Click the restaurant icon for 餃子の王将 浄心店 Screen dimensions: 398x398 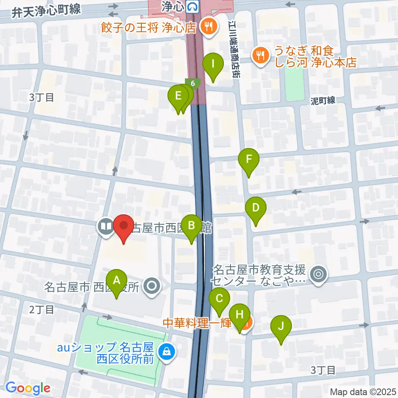point(206,27)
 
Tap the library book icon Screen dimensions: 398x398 point(106,226)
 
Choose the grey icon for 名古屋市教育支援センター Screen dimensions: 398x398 point(319,274)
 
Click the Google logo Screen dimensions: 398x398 point(28,388)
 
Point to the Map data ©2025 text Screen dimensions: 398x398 point(362,391)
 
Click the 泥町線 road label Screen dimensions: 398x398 point(323,100)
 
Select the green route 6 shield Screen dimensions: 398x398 point(193,83)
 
